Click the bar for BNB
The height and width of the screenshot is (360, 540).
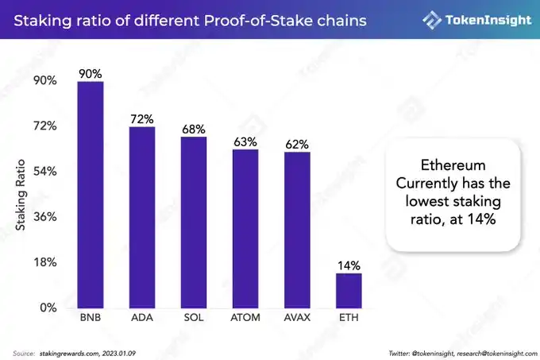(x=91, y=195)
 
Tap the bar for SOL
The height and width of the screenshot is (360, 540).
(x=194, y=223)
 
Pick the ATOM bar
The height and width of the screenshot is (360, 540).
(x=245, y=229)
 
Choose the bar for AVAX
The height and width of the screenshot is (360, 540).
(x=297, y=230)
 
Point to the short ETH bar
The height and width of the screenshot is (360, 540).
(x=349, y=290)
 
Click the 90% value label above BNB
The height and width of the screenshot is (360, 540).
(x=91, y=74)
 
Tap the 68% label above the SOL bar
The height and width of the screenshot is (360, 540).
(x=194, y=129)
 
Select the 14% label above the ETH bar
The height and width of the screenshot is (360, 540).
(x=349, y=265)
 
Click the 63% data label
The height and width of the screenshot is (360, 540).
(x=245, y=141)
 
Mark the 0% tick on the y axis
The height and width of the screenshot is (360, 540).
(x=47, y=308)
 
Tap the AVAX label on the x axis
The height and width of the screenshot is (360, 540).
(x=297, y=319)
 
